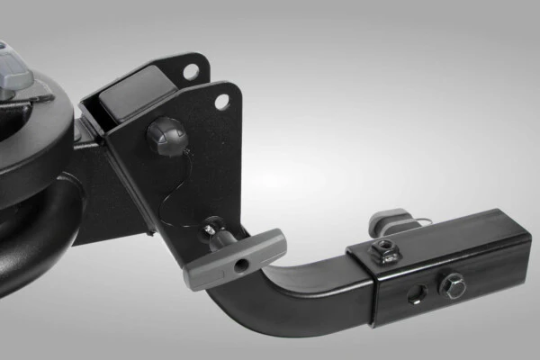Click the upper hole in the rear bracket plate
pos(191,70)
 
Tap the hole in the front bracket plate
pos(221,102)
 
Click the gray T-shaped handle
pos(235,256)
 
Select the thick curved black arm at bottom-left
pos(36,243)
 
